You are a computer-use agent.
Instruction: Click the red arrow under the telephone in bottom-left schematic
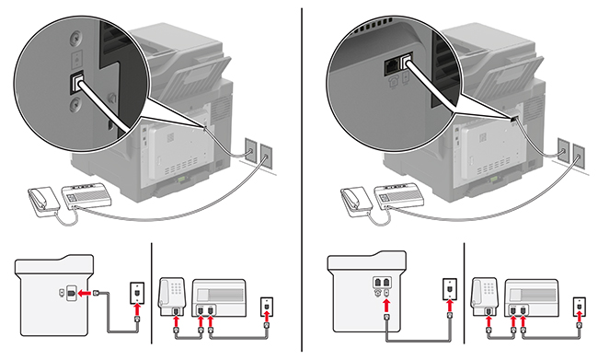[176, 323]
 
